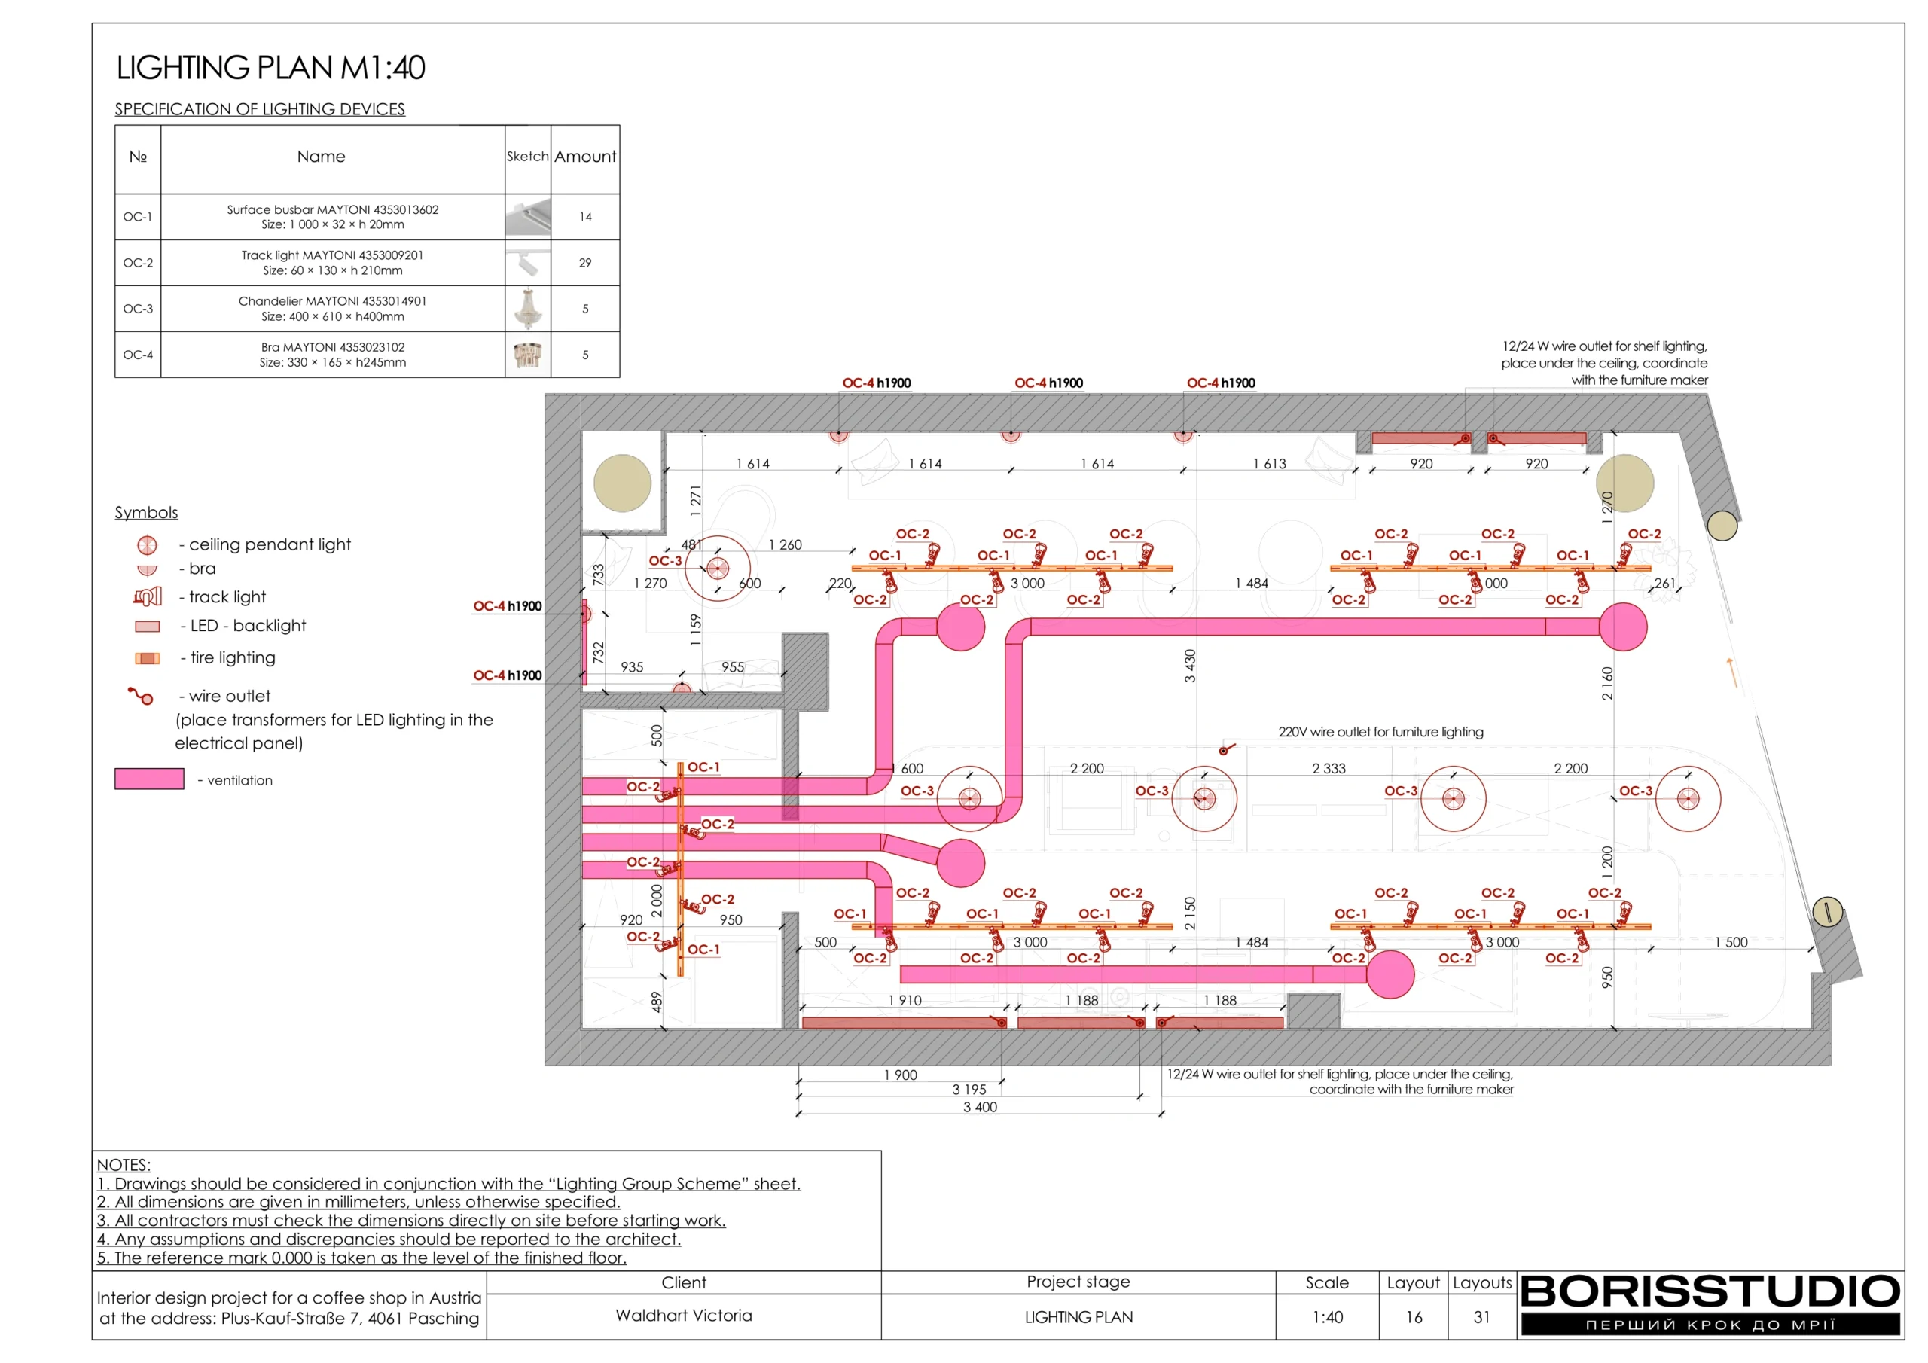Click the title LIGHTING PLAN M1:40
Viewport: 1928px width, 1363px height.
click(270, 67)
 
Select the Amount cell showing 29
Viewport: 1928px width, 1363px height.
click(585, 263)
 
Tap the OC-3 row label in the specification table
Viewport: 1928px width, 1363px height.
click(138, 309)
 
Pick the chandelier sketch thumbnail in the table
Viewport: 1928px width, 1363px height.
click(527, 308)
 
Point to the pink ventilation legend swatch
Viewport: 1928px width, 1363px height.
click(149, 779)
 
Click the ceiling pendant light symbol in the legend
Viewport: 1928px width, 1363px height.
click(147, 545)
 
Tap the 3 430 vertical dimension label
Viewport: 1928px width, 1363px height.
click(1189, 666)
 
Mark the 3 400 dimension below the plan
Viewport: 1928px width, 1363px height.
click(980, 1107)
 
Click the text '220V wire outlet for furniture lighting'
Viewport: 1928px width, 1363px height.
click(1380, 731)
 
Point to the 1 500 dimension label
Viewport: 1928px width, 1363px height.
click(1731, 942)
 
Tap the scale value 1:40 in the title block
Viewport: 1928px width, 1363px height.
click(1328, 1317)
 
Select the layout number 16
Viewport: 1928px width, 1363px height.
click(1414, 1317)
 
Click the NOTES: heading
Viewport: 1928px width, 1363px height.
click(124, 1165)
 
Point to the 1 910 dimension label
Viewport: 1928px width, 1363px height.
click(905, 1000)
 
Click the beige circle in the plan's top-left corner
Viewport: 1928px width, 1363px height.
click(622, 483)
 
